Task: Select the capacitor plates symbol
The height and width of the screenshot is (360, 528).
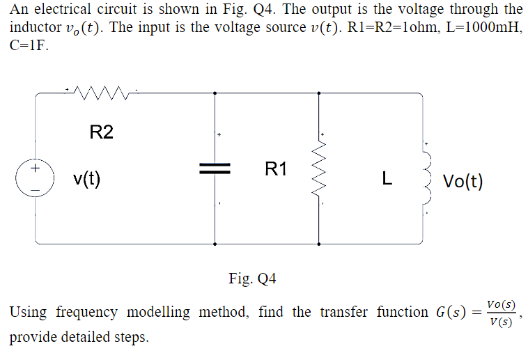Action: [x=214, y=168]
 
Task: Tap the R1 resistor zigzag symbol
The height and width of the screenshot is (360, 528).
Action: [x=319, y=168]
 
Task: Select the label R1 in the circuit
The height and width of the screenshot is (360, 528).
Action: [x=276, y=168]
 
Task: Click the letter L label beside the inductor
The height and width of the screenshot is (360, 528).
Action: [x=387, y=180]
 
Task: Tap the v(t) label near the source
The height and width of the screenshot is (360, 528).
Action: [x=87, y=179]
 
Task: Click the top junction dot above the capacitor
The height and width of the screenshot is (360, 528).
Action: [x=214, y=92]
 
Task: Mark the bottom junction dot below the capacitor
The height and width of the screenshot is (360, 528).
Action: [x=214, y=244]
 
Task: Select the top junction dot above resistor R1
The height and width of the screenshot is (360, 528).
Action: [x=319, y=92]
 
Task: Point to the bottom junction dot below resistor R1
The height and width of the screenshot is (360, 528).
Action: [x=319, y=244]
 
